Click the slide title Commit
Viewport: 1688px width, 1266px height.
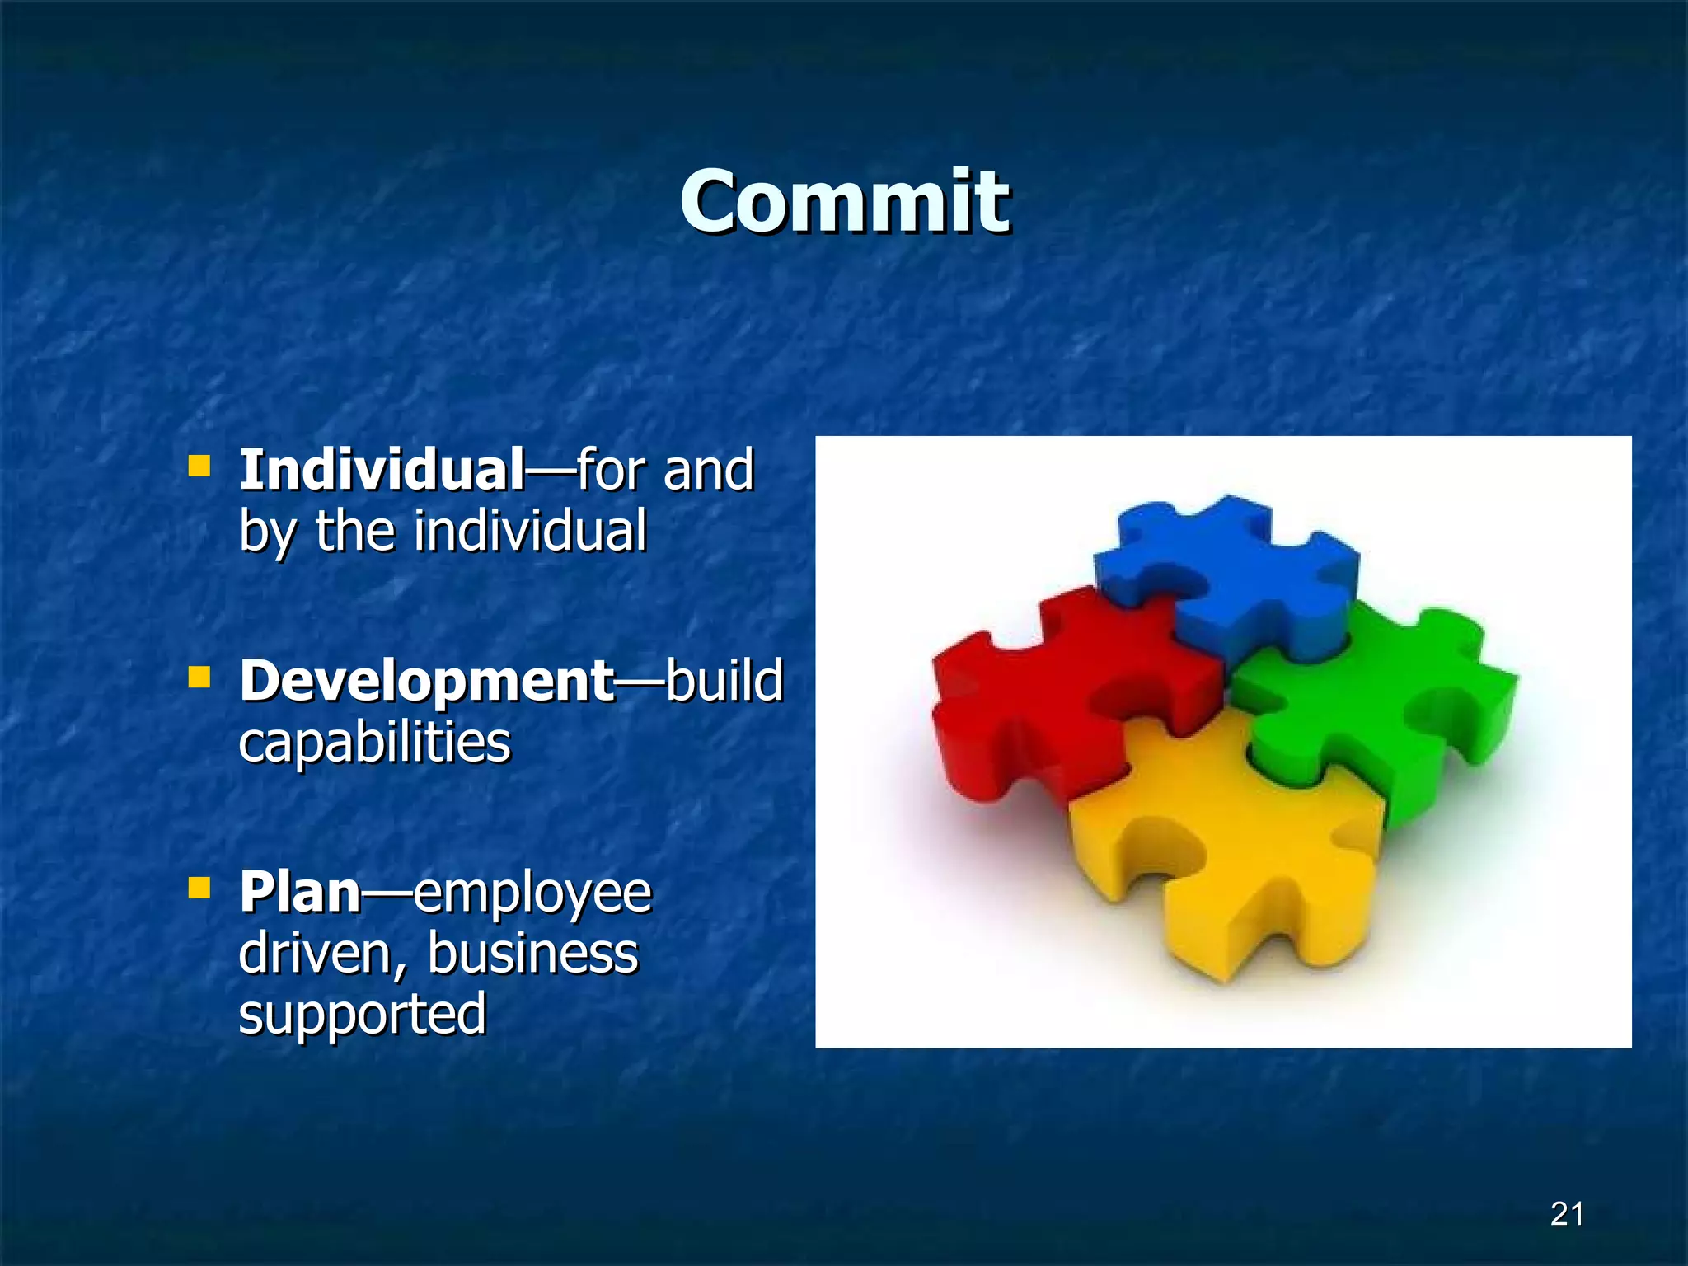[x=844, y=202]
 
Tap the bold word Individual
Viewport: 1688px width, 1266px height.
[x=382, y=470]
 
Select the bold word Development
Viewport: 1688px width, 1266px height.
[x=426, y=681]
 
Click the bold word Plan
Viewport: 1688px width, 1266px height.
[x=300, y=893]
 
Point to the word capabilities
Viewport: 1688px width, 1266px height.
[x=375, y=743]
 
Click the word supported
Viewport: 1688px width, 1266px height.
[x=362, y=1015]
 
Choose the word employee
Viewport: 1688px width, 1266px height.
[x=532, y=894]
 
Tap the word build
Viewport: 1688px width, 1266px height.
[x=724, y=681]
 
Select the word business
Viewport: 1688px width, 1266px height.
[x=532, y=954]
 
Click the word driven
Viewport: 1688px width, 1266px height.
[x=322, y=954]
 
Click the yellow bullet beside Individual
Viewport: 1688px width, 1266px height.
[x=199, y=467]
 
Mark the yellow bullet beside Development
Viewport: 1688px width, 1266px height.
[x=199, y=678]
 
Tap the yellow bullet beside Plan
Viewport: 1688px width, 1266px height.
[x=199, y=889]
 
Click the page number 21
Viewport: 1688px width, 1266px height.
[x=1566, y=1214]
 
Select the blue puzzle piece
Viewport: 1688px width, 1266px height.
[x=1236, y=577]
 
